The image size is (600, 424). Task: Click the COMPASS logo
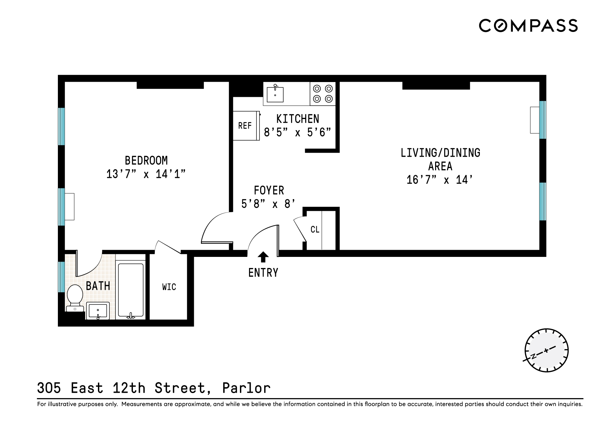(528, 26)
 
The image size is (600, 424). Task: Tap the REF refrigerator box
(245, 126)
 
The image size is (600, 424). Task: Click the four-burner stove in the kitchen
(323, 94)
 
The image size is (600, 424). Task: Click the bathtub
(131, 291)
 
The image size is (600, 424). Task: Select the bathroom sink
(98, 310)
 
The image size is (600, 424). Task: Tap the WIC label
(169, 287)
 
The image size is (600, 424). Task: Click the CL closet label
(315, 230)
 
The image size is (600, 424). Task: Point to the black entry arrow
(263, 257)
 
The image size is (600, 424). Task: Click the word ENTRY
(263, 273)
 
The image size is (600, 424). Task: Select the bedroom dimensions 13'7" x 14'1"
(146, 174)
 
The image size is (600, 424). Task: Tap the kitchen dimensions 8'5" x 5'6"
(297, 132)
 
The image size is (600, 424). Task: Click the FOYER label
(269, 191)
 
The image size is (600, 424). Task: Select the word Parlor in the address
(246, 388)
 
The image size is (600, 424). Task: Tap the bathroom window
(61, 277)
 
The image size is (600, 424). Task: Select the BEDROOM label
(146, 160)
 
